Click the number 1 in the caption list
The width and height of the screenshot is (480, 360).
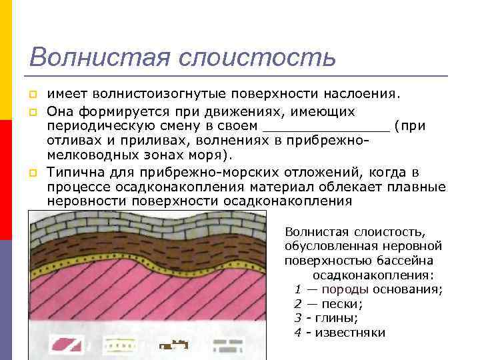click(297, 289)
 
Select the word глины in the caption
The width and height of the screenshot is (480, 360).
click(337, 318)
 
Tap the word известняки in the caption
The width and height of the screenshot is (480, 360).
click(350, 333)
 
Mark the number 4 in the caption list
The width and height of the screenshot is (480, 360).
click(297, 333)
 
